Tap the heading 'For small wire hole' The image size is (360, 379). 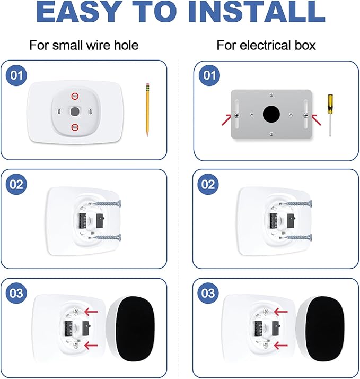tap(84, 45)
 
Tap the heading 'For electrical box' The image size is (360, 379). tap(266, 45)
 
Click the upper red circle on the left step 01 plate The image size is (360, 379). tap(75, 97)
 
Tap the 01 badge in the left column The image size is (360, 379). tap(17, 75)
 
